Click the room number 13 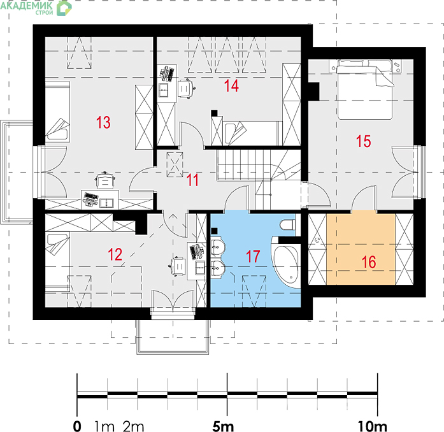103,122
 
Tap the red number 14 231,85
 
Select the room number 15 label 363,141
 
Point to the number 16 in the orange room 369,262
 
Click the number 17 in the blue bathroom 253,256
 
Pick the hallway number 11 192,180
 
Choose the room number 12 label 115,254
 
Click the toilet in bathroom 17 287,225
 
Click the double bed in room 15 365,89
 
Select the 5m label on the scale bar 223,426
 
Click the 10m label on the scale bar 372,426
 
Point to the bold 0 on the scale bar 77,426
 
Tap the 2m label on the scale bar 133,426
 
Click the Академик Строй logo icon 64,8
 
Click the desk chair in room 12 178,266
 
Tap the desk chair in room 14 186,89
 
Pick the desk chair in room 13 105,180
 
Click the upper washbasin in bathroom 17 217,245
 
